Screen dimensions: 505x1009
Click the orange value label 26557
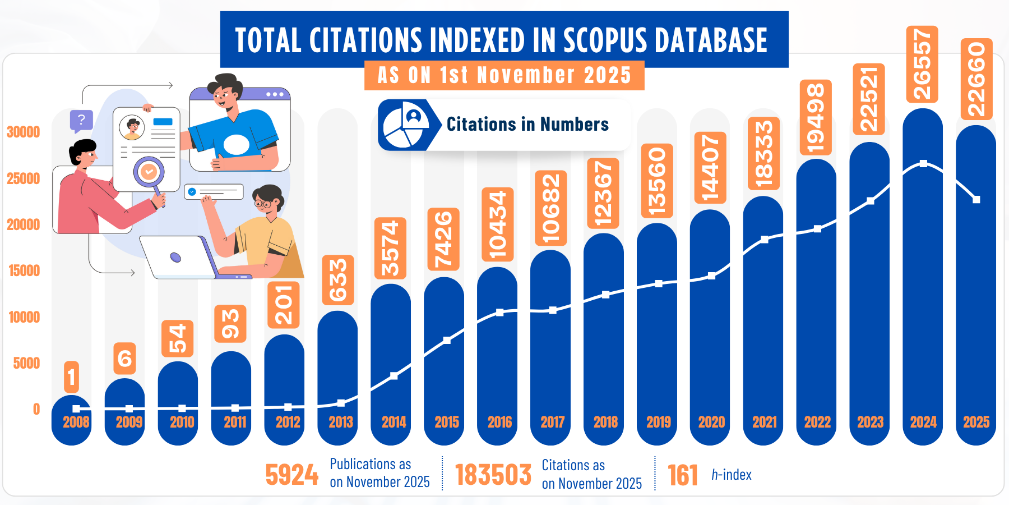pyautogui.click(x=922, y=64)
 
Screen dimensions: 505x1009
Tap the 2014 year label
pyautogui.click(x=394, y=422)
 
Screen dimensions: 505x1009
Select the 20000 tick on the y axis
pyautogui.click(x=24, y=224)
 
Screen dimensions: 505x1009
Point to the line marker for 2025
pyautogui.click(x=976, y=200)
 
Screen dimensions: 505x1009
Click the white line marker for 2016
pyautogui.click(x=499, y=313)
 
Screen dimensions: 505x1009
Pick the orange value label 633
pyautogui.click(x=338, y=280)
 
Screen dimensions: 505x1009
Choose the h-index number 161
pyautogui.click(x=683, y=475)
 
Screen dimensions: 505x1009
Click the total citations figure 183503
pyautogui.click(x=493, y=475)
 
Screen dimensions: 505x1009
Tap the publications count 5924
pyautogui.click(x=291, y=475)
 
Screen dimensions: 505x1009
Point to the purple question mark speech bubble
pyautogui.click(x=81, y=120)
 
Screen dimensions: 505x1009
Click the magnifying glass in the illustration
pyautogui.click(x=150, y=173)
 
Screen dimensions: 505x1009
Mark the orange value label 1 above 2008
pyautogui.click(x=71, y=377)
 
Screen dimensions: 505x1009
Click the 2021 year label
pyautogui.click(x=765, y=422)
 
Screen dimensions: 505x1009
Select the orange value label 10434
pyautogui.click(x=498, y=224)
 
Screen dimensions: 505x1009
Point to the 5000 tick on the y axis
pyautogui.click(x=26, y=363)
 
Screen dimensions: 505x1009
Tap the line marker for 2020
pyautogui.click(x=711, y=276)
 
